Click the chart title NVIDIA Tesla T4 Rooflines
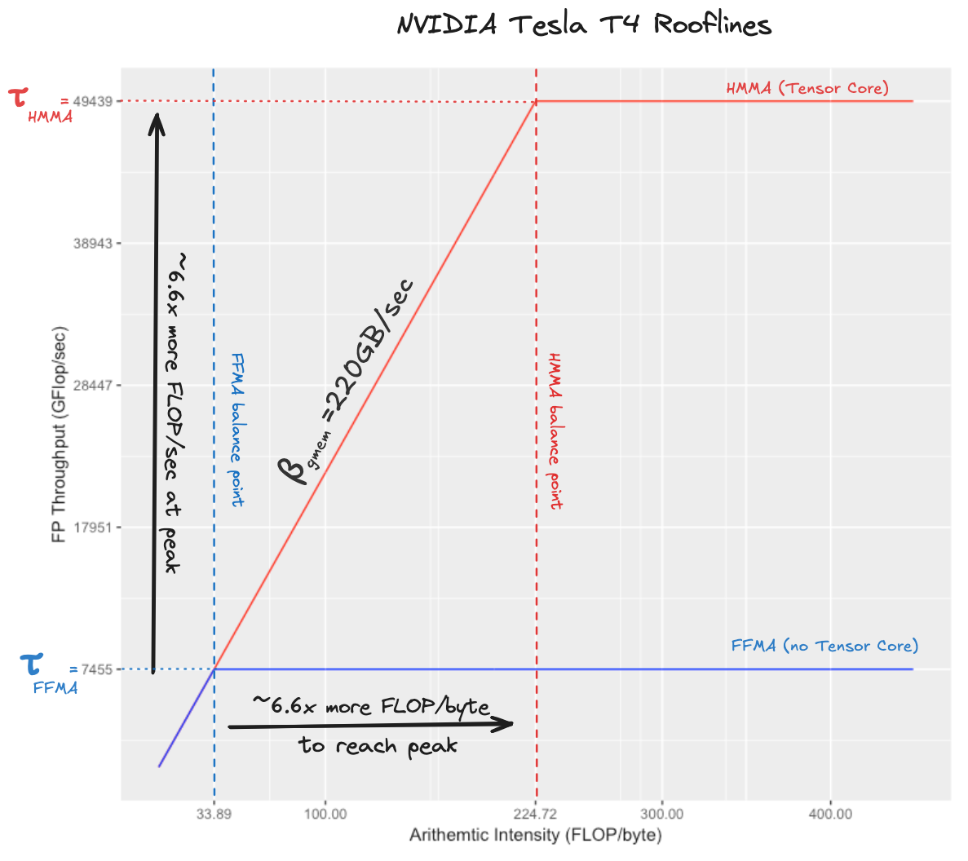click(584, 24)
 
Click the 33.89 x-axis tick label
click(214, 814)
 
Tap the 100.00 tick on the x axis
click(325, 814)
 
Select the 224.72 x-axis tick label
click(537, 814)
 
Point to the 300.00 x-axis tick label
click(662, 814)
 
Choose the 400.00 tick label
click(830, 814)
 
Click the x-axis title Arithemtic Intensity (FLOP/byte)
click(536, 836)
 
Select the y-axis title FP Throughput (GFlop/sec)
click(59, 435)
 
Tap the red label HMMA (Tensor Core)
click(807, 88)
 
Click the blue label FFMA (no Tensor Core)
click(824, 646)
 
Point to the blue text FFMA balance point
click(237, 430)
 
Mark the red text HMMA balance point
click(555, 431)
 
